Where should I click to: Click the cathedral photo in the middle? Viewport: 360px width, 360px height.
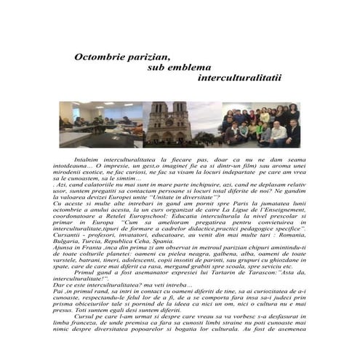(x=182, y=124)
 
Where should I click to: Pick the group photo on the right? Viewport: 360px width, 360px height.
(x=261, y=124)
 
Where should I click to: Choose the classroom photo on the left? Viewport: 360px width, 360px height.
(x=101, y=124)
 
